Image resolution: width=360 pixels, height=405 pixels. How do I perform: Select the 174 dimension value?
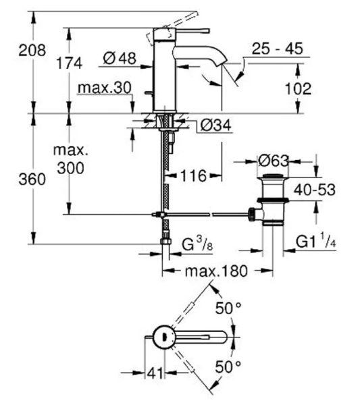point(70,63)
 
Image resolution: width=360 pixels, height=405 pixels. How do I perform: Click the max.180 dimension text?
point(216,271)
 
